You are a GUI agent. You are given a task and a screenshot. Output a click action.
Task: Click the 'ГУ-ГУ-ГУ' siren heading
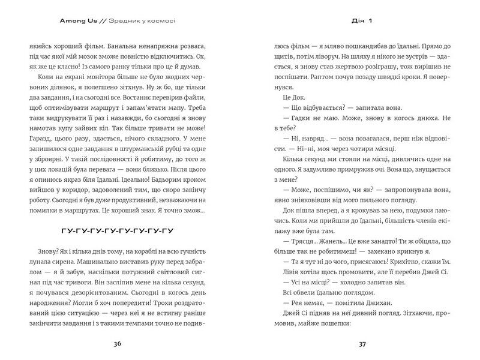coord(117,231)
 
